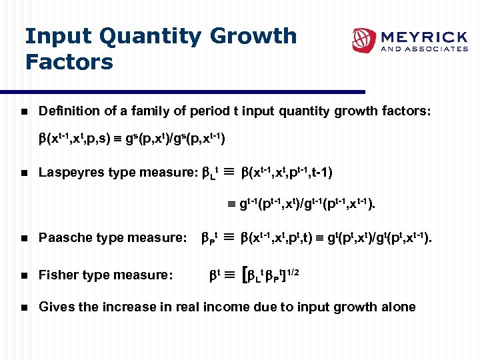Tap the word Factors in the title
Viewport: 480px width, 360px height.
[69, 62]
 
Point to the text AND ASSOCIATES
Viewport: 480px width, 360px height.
[423, 49]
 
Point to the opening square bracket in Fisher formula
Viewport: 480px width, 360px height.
[248, 274]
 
